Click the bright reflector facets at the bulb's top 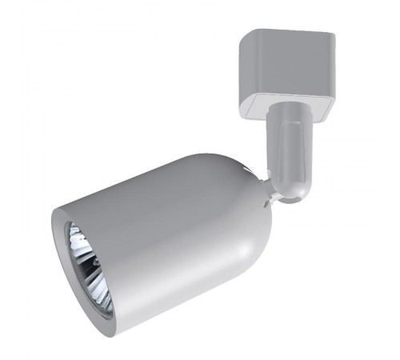point(80,236)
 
